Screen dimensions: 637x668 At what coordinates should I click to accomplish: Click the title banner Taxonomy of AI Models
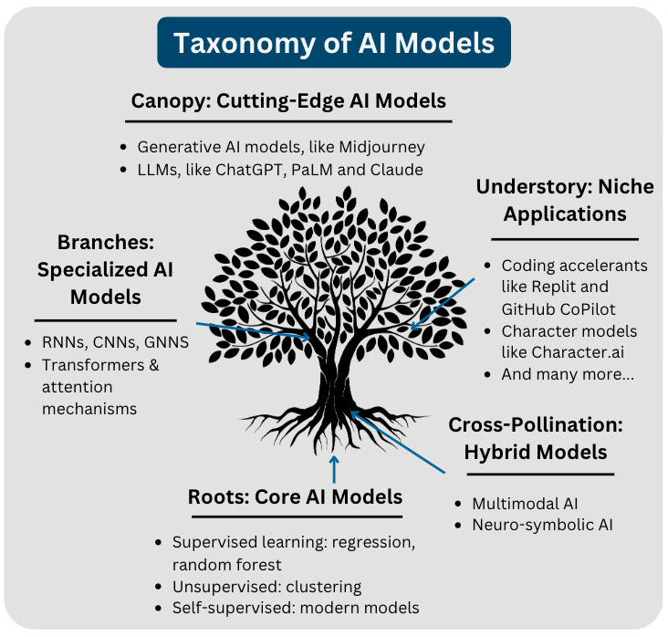(x=334, y=43)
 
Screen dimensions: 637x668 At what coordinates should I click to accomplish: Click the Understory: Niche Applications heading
(x=565, y=200)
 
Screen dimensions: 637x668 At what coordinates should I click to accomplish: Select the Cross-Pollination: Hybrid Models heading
(x=536, y=439)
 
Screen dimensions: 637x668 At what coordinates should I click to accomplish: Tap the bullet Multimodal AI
(x=525, y=503)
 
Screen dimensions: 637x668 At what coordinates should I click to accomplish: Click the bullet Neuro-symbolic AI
(x=541, y=525)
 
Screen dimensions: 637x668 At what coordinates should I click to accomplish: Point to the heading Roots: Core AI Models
(x=295, y=497)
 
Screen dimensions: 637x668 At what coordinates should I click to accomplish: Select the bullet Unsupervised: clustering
(x=266, y=586)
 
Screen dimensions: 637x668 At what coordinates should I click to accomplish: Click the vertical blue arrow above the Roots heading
(x=334, y=468)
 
